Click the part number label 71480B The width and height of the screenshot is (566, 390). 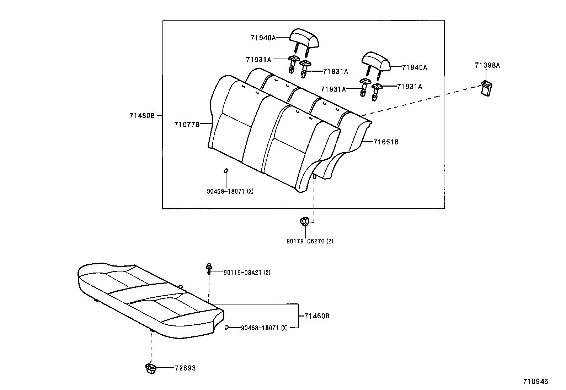tap(142, 115)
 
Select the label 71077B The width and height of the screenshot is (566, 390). tap(187, 124)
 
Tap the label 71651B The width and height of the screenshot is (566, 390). tap(386, 142)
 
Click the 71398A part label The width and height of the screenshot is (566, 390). tap(487, 65)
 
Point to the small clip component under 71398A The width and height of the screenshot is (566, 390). tap(486, 88)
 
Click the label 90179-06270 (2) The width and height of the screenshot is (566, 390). tap(310, 241)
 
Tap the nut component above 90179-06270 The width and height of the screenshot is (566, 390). tap(304, 221)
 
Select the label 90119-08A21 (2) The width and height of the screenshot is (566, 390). tap(247, 273)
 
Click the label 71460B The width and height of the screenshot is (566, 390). tap(317, 316)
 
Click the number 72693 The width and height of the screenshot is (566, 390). tap(185, 368)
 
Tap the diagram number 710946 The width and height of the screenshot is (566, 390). tap(535, 381)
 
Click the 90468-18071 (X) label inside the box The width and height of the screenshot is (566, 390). tap(230, 191)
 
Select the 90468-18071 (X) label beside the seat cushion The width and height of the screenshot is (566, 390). tap(264, 328)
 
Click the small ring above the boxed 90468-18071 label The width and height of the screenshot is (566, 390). tap(225, 171)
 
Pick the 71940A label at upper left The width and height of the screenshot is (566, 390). tap(263, 38)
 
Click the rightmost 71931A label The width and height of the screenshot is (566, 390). tap(409, 87)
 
